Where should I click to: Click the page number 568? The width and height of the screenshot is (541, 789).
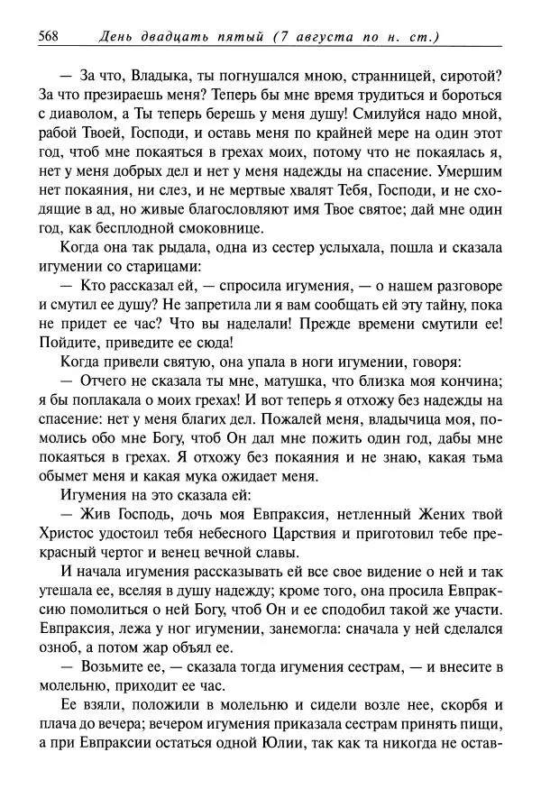point(49,35)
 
